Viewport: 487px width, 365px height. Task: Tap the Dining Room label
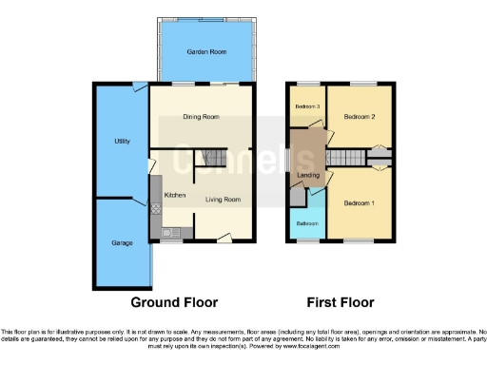(x=202, y=117)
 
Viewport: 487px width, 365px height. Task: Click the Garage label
(x=122, y=243)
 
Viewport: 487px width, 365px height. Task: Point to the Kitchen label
(x=175, y=195)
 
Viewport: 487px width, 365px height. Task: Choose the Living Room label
(x=224, y=200)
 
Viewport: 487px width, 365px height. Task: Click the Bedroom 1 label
(x=359, y=203)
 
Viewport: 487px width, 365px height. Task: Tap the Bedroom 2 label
(x=360, y=117)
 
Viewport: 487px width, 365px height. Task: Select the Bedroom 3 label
(x=305, y=106)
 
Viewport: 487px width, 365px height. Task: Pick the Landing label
(x=308, y=175)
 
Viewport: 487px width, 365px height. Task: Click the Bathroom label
(x=306, y=224)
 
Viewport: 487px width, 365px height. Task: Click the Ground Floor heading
(x=174, y=302)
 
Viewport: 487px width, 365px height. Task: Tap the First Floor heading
(x=340, y=302)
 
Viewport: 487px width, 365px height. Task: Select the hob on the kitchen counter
(x=156, y=204)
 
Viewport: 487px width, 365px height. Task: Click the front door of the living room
(x=224, y=237)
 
